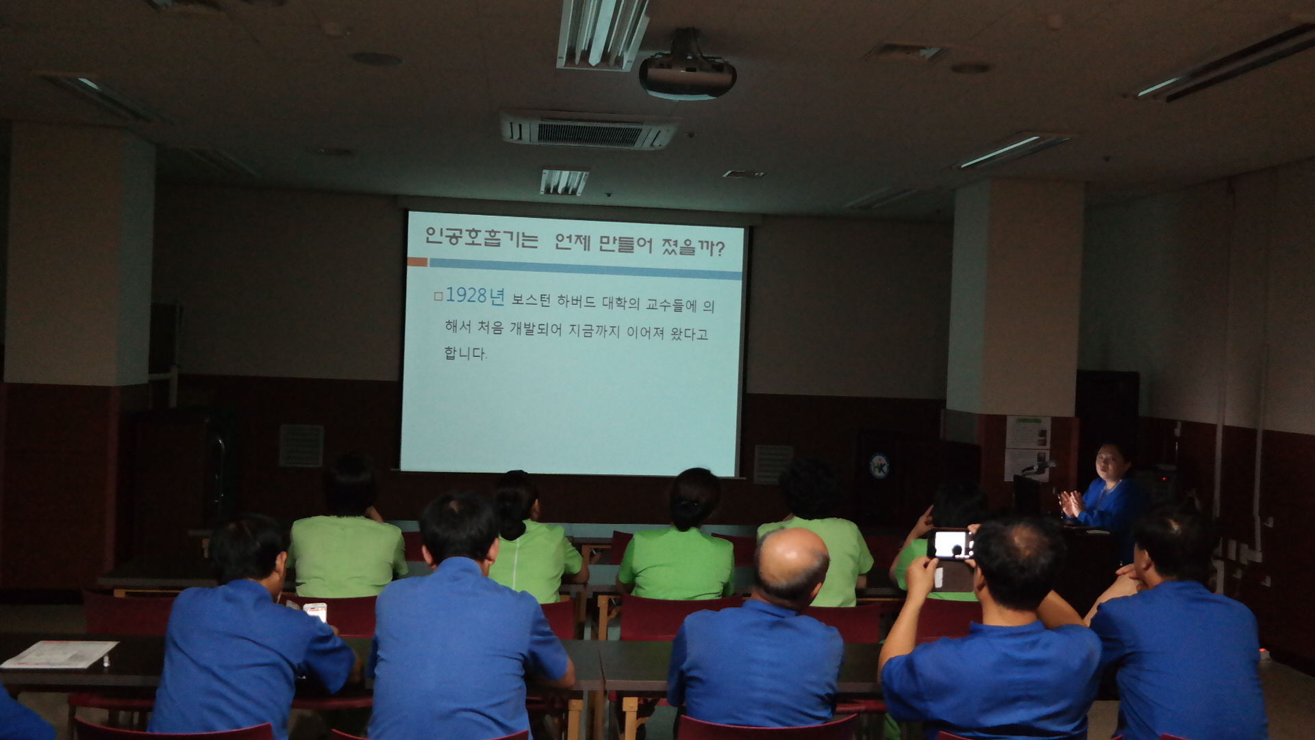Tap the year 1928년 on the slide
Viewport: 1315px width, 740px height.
click(x=475, y=296)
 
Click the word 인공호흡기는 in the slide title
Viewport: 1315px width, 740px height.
click(x=481, y=237)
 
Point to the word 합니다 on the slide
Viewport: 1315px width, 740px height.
click(x=465, y=354)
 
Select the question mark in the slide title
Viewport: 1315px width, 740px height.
click(x=718, y=248)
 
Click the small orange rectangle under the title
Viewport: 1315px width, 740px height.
click(x=417, y=262)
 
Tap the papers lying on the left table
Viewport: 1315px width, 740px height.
click(x=59, y=654)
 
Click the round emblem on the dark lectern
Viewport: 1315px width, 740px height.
click(x=879, y=466)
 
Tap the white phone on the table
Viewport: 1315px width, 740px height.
click(x=315, y=611)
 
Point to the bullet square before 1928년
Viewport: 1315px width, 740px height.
click(x=438, y=297)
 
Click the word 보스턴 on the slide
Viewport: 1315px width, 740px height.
click(x=531, y=300)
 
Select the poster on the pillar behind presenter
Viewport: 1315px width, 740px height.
click(x=1027, y=446)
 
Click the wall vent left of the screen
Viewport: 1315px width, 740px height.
click(x=301, y=445)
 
